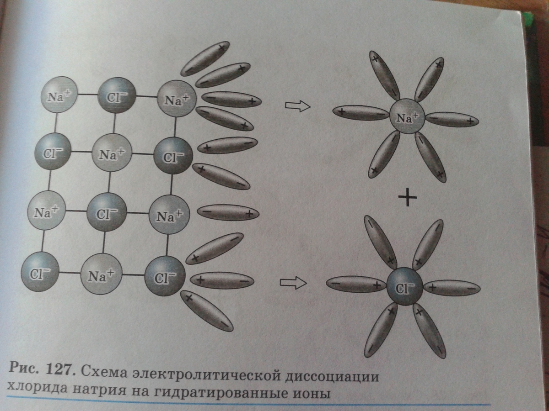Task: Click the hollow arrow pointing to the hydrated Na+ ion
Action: pyautogui.click(x=297, y=106)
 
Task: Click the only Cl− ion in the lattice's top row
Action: pyautogui.click(x=117, y=96)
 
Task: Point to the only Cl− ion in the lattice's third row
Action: pyautogui.click(x=106, y=211)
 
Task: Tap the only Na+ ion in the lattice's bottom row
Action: pyautogui.click(x=101, y=274)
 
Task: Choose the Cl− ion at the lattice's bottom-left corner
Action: pyautogui.click(x=41, y=272)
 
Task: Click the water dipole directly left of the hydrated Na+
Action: pyautogui.click(x=361, y=112)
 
